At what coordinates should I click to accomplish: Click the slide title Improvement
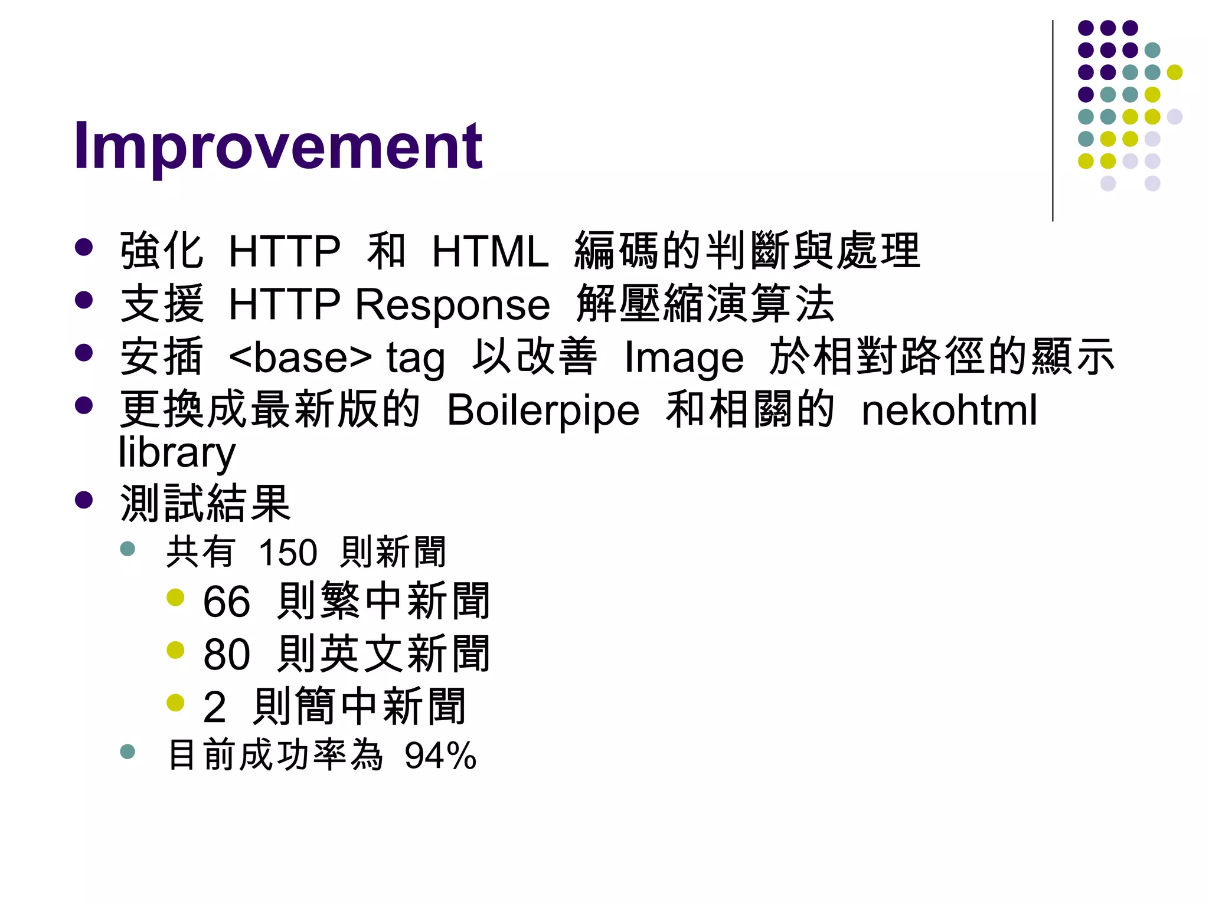click(x=277, y=146)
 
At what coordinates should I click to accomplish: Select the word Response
click(x=452, y=305)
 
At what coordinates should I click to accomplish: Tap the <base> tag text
click(x=300, y=358)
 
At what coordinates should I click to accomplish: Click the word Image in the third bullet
click(x=684, y=358)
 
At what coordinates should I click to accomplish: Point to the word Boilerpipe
click(x=543, y=411)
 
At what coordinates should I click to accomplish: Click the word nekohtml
click(x=949, y=411)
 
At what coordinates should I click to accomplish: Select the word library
click(x=177, y=453)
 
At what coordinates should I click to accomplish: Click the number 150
click(x=287, y=553)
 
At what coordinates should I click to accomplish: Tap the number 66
click(x=226, y=602)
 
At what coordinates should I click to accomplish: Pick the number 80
click(x=226, y=655)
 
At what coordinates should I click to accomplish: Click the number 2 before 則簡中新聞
click(x=214, y=707)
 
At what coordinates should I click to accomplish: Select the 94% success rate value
click(x=440, y=756)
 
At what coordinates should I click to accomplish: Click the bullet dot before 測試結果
click(x=84, y=500)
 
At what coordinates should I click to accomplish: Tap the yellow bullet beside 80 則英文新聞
click(x=175, y=651)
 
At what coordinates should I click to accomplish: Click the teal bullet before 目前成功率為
click(x=128, y=751)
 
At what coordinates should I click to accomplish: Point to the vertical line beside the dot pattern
click(x=1053, y=121)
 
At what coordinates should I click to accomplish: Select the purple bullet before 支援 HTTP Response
click(x=84, y=300)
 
